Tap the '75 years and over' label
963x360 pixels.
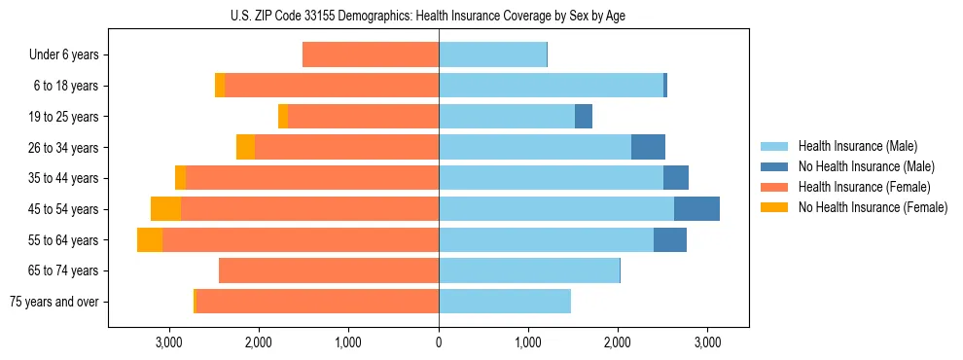54,302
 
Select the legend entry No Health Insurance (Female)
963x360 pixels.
872,207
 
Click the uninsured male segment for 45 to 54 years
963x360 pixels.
696,209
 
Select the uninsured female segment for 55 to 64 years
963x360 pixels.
150,240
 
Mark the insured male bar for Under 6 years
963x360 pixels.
492,55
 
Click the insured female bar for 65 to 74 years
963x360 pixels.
329,270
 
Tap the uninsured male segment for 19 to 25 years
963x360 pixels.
584,117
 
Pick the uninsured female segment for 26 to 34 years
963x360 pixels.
245,148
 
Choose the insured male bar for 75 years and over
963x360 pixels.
504,302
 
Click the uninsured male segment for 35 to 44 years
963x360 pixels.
676,178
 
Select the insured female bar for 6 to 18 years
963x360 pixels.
332,86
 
